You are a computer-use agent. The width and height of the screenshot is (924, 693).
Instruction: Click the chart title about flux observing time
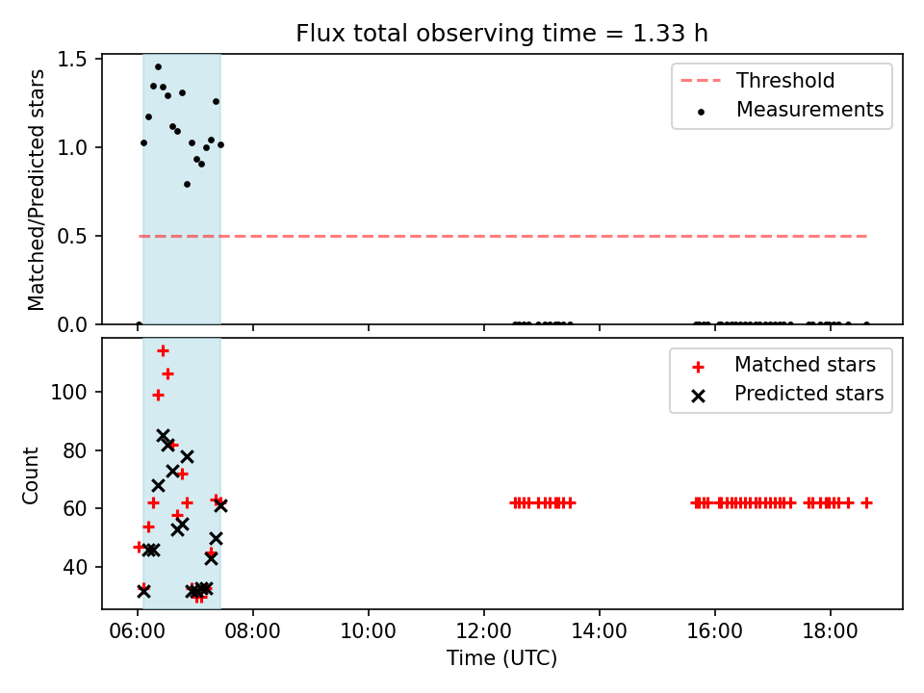tap(501, 34)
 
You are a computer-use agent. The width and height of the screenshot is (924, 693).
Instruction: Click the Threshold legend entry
tap(757, 80)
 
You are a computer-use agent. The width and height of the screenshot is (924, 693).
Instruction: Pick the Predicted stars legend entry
tap(788, 394)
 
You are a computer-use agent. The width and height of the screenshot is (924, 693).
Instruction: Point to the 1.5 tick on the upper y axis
tap(72, 60)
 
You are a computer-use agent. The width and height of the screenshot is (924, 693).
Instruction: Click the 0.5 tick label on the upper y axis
tap(72, 237)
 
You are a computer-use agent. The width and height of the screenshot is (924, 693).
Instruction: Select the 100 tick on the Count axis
tap(69, 392)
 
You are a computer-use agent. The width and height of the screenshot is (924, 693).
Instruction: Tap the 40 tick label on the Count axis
tap(76, 567)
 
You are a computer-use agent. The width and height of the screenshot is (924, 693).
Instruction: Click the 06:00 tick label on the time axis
tap(138, 631)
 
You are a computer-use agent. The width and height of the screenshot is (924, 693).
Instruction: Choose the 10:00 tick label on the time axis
tap(369, 631)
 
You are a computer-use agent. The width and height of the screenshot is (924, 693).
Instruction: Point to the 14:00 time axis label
tap(600, 631)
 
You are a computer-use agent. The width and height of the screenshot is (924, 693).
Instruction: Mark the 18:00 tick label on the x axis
tap(831, 631)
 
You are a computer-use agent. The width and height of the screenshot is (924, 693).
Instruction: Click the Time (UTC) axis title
tap(501, 657)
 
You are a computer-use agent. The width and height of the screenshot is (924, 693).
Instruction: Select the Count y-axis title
tap(30, 475)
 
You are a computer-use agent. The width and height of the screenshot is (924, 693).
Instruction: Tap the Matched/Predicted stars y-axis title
tap(36, 190)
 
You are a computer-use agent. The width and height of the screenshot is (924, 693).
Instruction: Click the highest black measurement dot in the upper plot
tap(158, 67)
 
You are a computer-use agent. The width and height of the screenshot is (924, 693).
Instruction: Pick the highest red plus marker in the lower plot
tap(164, 351)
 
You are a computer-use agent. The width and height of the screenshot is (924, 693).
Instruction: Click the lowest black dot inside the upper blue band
tap(187, 185)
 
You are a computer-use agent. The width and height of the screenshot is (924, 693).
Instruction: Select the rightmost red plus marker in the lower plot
tap(866, 503)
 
